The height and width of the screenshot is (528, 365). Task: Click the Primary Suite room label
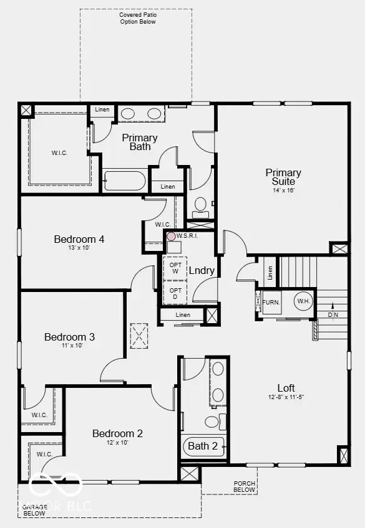point(283,177)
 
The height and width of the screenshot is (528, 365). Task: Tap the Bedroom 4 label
point(79,239)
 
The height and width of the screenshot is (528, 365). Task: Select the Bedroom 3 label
point(69,337)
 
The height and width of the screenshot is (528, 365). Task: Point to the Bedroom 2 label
point(118,433)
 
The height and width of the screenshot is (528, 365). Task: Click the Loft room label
point(286,388)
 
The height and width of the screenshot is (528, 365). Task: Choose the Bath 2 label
point(203,446)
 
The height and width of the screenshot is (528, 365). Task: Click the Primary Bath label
point(140,142)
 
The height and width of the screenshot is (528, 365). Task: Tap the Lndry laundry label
point(202,271)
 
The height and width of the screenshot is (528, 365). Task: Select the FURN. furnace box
point(271,303)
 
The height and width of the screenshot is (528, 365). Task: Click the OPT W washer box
point(175,268)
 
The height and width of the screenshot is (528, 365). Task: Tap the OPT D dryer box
point(175,293)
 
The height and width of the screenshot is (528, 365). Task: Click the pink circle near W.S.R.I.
point(171,237)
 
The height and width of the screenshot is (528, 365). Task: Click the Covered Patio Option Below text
point(138,18)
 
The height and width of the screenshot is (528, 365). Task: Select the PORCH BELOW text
point(244,486)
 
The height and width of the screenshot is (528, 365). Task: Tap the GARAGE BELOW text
point(34,510)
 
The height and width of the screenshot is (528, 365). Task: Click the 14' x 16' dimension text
point(283,191)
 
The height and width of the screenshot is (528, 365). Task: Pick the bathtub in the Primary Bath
point(125,181)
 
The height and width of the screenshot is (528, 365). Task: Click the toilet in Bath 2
point(212,422)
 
